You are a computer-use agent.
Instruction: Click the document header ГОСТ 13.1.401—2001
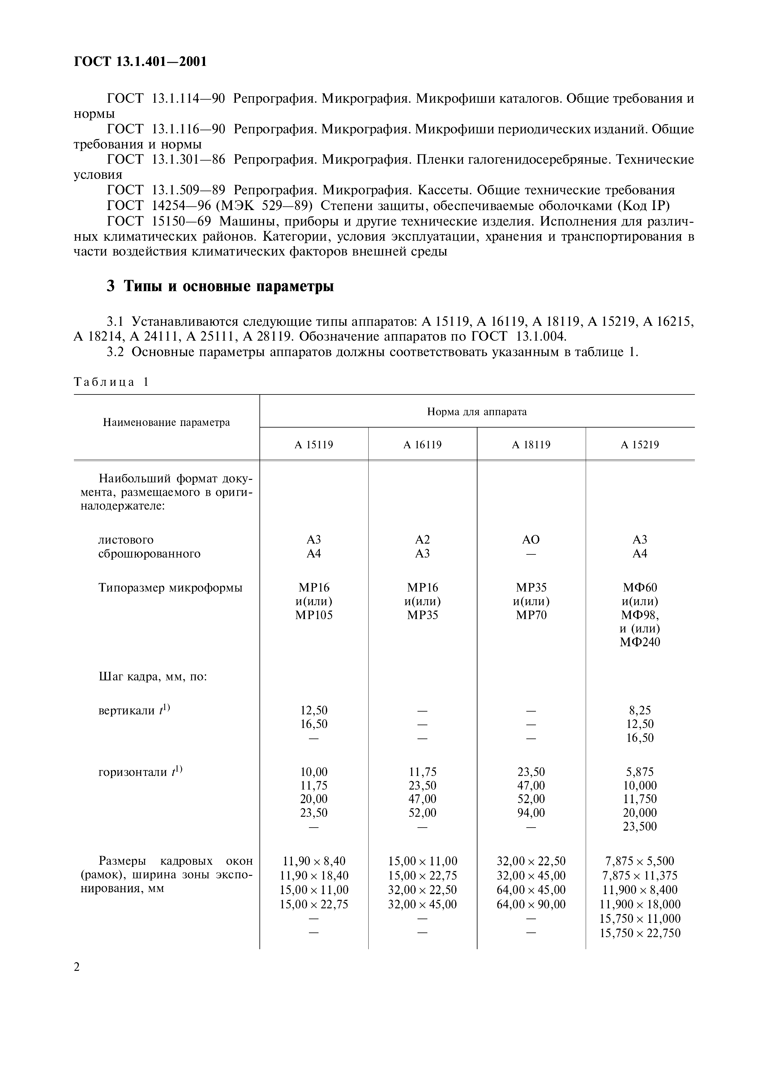tap(140, 62)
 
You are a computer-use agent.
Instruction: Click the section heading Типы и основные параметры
tap(220, 286)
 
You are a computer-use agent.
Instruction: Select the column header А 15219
tap(640, 445)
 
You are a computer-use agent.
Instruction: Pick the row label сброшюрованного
tap(149, 553)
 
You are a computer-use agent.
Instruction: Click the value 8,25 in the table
tap(640, 710)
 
